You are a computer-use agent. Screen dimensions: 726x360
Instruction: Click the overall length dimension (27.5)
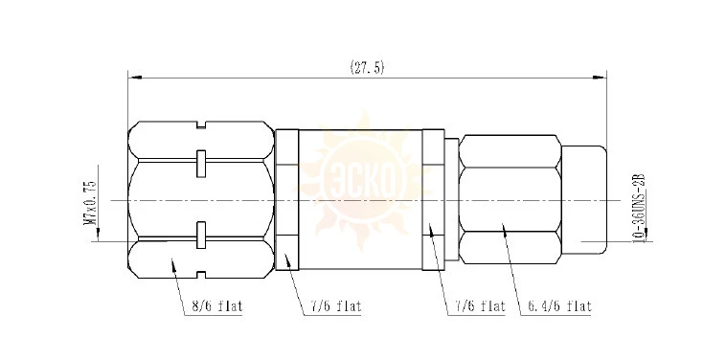point(367,68)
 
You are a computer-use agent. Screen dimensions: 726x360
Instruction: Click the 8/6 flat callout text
point(217,306)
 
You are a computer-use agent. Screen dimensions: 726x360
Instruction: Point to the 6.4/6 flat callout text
point(560,305)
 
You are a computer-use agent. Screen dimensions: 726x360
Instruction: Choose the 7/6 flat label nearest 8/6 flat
point(333,306)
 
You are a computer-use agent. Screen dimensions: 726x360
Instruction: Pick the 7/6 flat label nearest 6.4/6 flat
point(477,305)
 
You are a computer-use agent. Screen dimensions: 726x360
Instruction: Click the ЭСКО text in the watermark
point(363,181)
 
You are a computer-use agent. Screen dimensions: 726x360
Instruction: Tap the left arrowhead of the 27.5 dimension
point(134,78)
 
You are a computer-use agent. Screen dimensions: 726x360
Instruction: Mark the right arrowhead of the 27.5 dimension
point(601,78)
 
